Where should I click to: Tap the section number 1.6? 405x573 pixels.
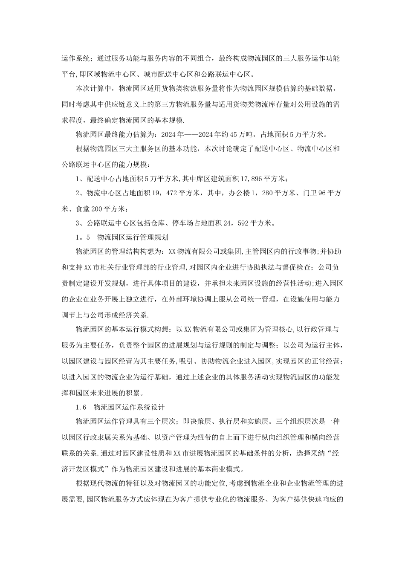81,407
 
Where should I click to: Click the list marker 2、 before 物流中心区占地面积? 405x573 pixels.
80,193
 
